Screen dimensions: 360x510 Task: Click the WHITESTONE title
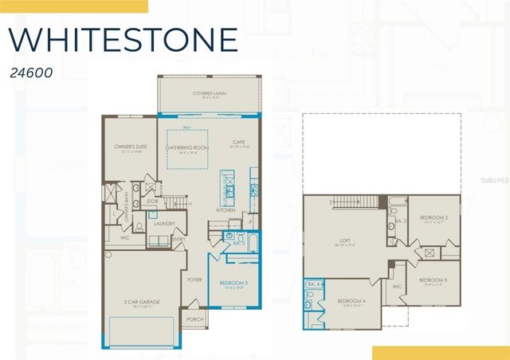click(x=124, y=39)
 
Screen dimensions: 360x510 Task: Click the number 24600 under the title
click(x=32, y=72)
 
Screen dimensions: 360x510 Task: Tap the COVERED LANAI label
click(x=210, y=94)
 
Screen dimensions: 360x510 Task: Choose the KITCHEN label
click(x=226, y=210)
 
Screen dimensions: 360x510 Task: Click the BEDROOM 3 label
click(x=433, y=280)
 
